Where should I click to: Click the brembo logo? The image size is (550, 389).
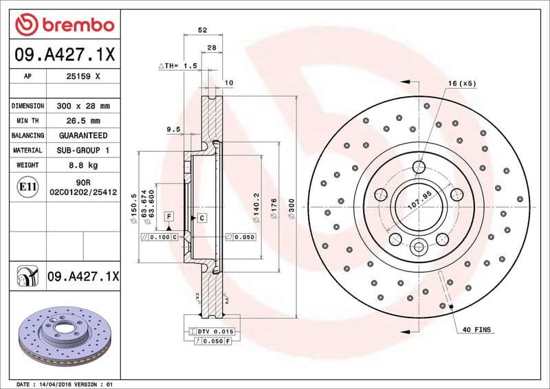[x=64, y=25]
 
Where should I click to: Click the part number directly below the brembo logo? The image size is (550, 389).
[x=64, y=53]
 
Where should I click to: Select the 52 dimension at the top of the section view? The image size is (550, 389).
[x=202, y=30]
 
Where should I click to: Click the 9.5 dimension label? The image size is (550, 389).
[x=173, y=129]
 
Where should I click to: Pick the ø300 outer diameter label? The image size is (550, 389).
[x=291, y=208]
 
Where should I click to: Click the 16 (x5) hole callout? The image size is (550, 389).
[x=462, y=83]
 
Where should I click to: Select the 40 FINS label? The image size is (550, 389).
[x=476, y=330]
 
